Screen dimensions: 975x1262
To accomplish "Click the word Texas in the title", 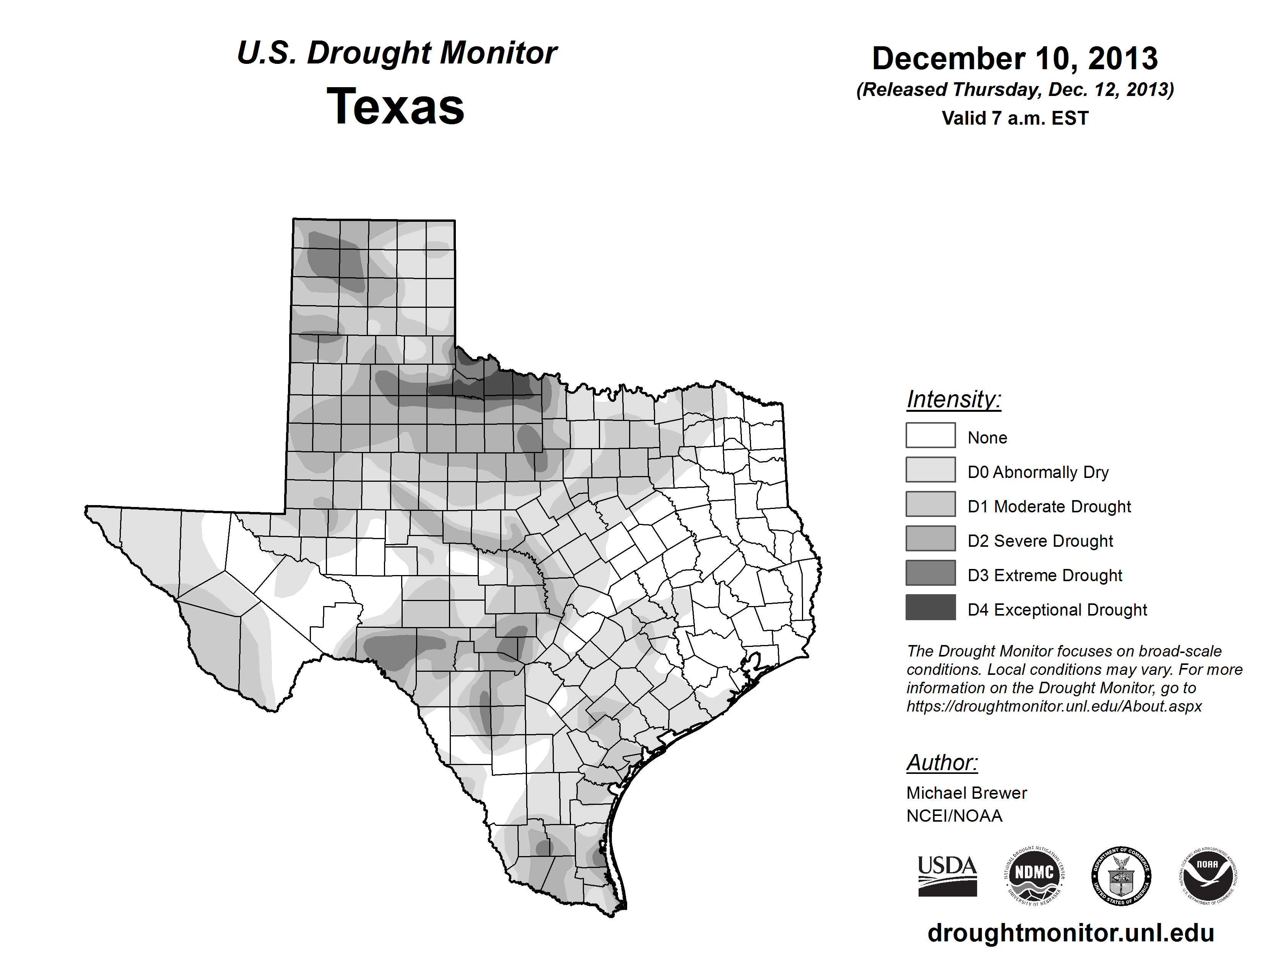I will (395, 106).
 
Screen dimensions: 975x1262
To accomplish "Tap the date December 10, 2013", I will (1015, 58).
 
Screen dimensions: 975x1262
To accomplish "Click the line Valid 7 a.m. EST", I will (1015, 119).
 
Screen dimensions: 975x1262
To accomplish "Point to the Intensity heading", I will (953, 399).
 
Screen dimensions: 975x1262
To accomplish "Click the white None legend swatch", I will (930, 435).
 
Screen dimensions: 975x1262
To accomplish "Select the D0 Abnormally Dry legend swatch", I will (930, 470).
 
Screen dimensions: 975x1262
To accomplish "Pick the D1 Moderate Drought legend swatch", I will (930, 504).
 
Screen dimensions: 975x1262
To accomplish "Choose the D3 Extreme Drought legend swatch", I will (930, 572).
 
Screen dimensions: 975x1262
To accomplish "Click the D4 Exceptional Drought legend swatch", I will (930, 607).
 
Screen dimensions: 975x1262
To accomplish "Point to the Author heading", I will (942, 762).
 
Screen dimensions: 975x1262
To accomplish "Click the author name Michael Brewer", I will (966, 793).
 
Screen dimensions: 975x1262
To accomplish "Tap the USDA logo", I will (947, 876).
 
